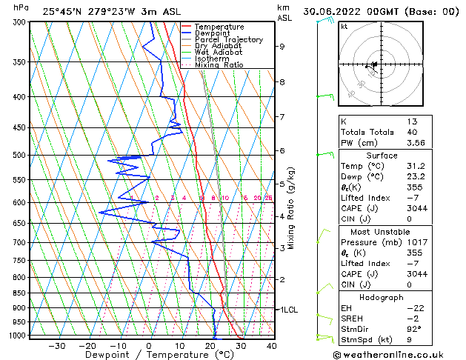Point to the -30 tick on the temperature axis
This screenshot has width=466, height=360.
[57, 345]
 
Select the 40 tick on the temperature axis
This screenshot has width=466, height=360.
[270, 345]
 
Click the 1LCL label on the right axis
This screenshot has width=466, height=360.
[288, 310]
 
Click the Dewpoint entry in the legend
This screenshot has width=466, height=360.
[211, 33]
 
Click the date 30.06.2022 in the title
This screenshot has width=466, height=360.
[333, 12]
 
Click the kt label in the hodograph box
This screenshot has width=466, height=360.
[344, 27]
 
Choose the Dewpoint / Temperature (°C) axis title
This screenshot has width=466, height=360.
[148, 355]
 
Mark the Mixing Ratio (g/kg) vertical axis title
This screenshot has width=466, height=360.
[292, 207]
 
